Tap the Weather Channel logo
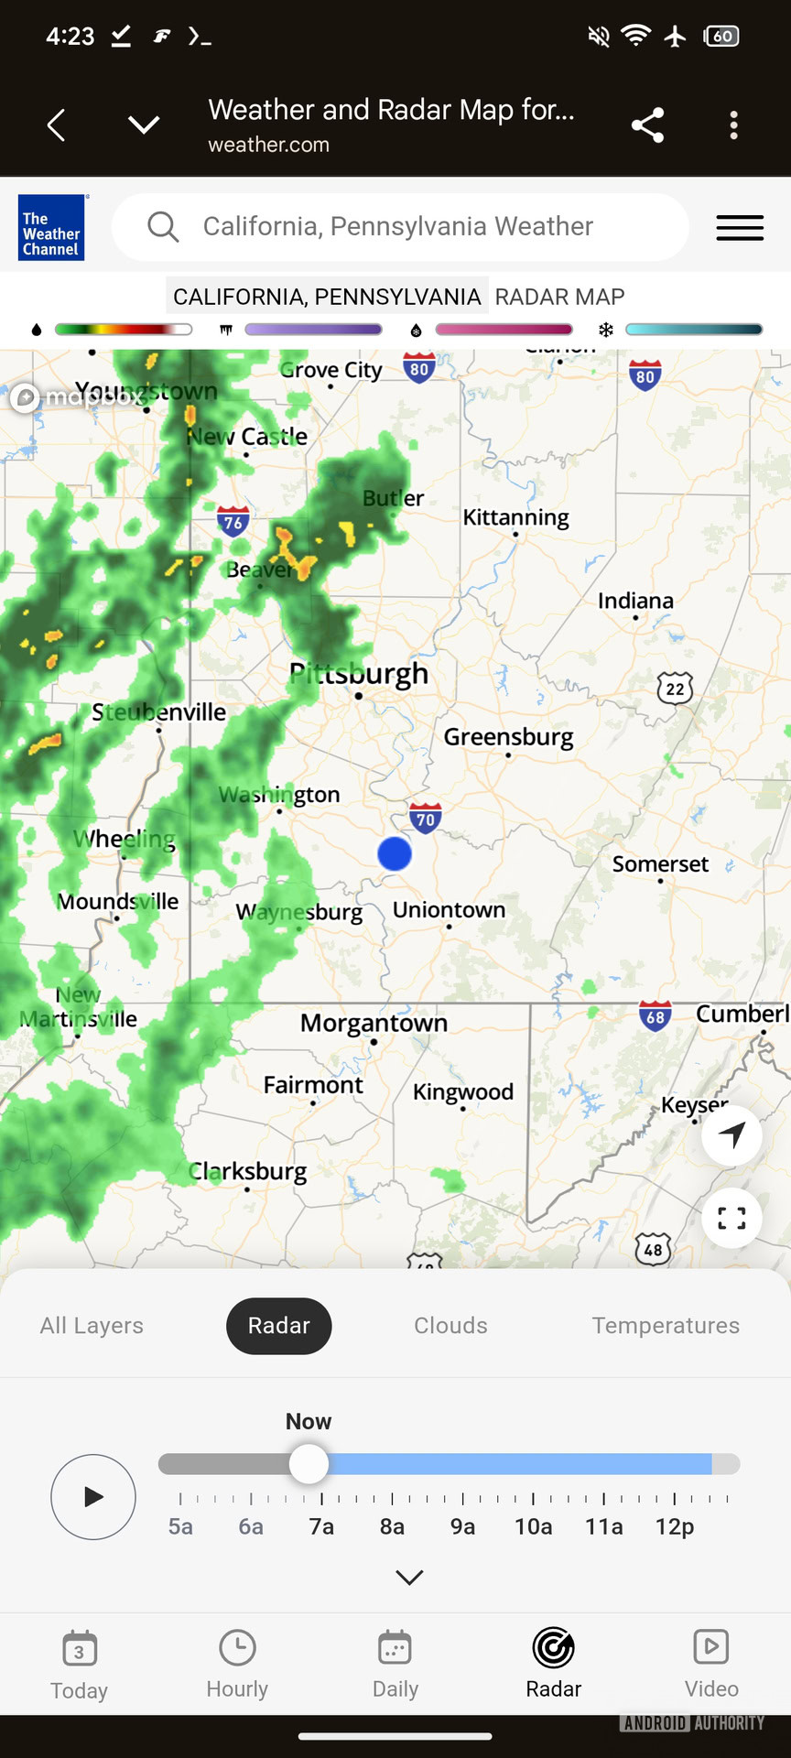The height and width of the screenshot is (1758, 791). point(51,228)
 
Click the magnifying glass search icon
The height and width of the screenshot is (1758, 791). point(163,226)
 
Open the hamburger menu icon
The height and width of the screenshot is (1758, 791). point(740,228)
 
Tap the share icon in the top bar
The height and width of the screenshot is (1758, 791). point(647,125)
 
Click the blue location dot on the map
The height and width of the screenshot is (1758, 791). point(395,853)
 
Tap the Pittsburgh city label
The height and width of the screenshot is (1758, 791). point(360,675)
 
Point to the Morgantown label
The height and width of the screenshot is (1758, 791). point(374,1023)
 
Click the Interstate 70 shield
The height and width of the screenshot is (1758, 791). point(426,818)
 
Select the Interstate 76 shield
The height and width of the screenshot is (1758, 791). point(233,522)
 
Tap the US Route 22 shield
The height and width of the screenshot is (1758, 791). point(675,688)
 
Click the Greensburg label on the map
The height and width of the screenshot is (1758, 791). point(508,737)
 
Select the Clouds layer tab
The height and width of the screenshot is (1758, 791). point(450,1326)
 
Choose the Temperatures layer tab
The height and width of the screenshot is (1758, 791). point(666,1326)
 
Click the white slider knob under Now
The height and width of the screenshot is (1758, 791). point(309,1464)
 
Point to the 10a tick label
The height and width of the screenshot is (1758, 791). point(533,1526)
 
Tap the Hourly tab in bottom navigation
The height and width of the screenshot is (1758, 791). point(237,1664)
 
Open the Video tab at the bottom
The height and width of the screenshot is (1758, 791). point(711,1664)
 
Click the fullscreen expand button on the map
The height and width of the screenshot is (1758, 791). point(731,1219)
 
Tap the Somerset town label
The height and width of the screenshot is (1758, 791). point(660,864)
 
